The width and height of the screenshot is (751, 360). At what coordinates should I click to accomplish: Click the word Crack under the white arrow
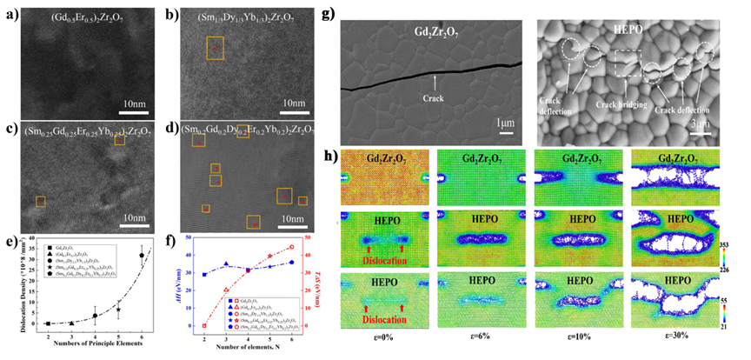pyautogui.click(x=433, y=98)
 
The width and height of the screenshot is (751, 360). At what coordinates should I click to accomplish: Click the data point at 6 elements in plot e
pyautogui.click(x=142, y=255)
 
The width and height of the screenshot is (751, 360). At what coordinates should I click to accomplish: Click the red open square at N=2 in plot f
pyautogui.click(x=204, y=325)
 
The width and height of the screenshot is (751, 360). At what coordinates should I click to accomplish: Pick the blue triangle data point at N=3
pyautogui.click(x=227, y=264)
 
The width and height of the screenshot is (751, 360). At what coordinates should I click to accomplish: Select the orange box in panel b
pyautogui.click(x=214, y=48)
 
